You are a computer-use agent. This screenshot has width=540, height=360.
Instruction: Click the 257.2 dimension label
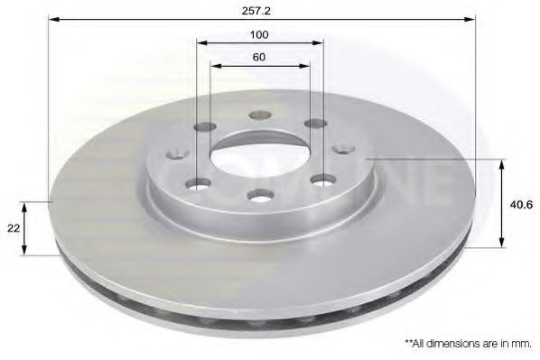[256, 11]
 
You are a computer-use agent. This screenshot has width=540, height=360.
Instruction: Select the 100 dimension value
[259, 35]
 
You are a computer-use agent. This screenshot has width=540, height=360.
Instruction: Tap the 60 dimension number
[259, 57]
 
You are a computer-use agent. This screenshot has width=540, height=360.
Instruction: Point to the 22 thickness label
[14, 228]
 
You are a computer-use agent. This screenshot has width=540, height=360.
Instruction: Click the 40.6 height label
[521, 205]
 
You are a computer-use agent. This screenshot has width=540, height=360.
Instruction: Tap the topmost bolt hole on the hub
[260, 115]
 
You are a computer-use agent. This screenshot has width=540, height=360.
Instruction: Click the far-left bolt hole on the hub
[177, 154]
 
